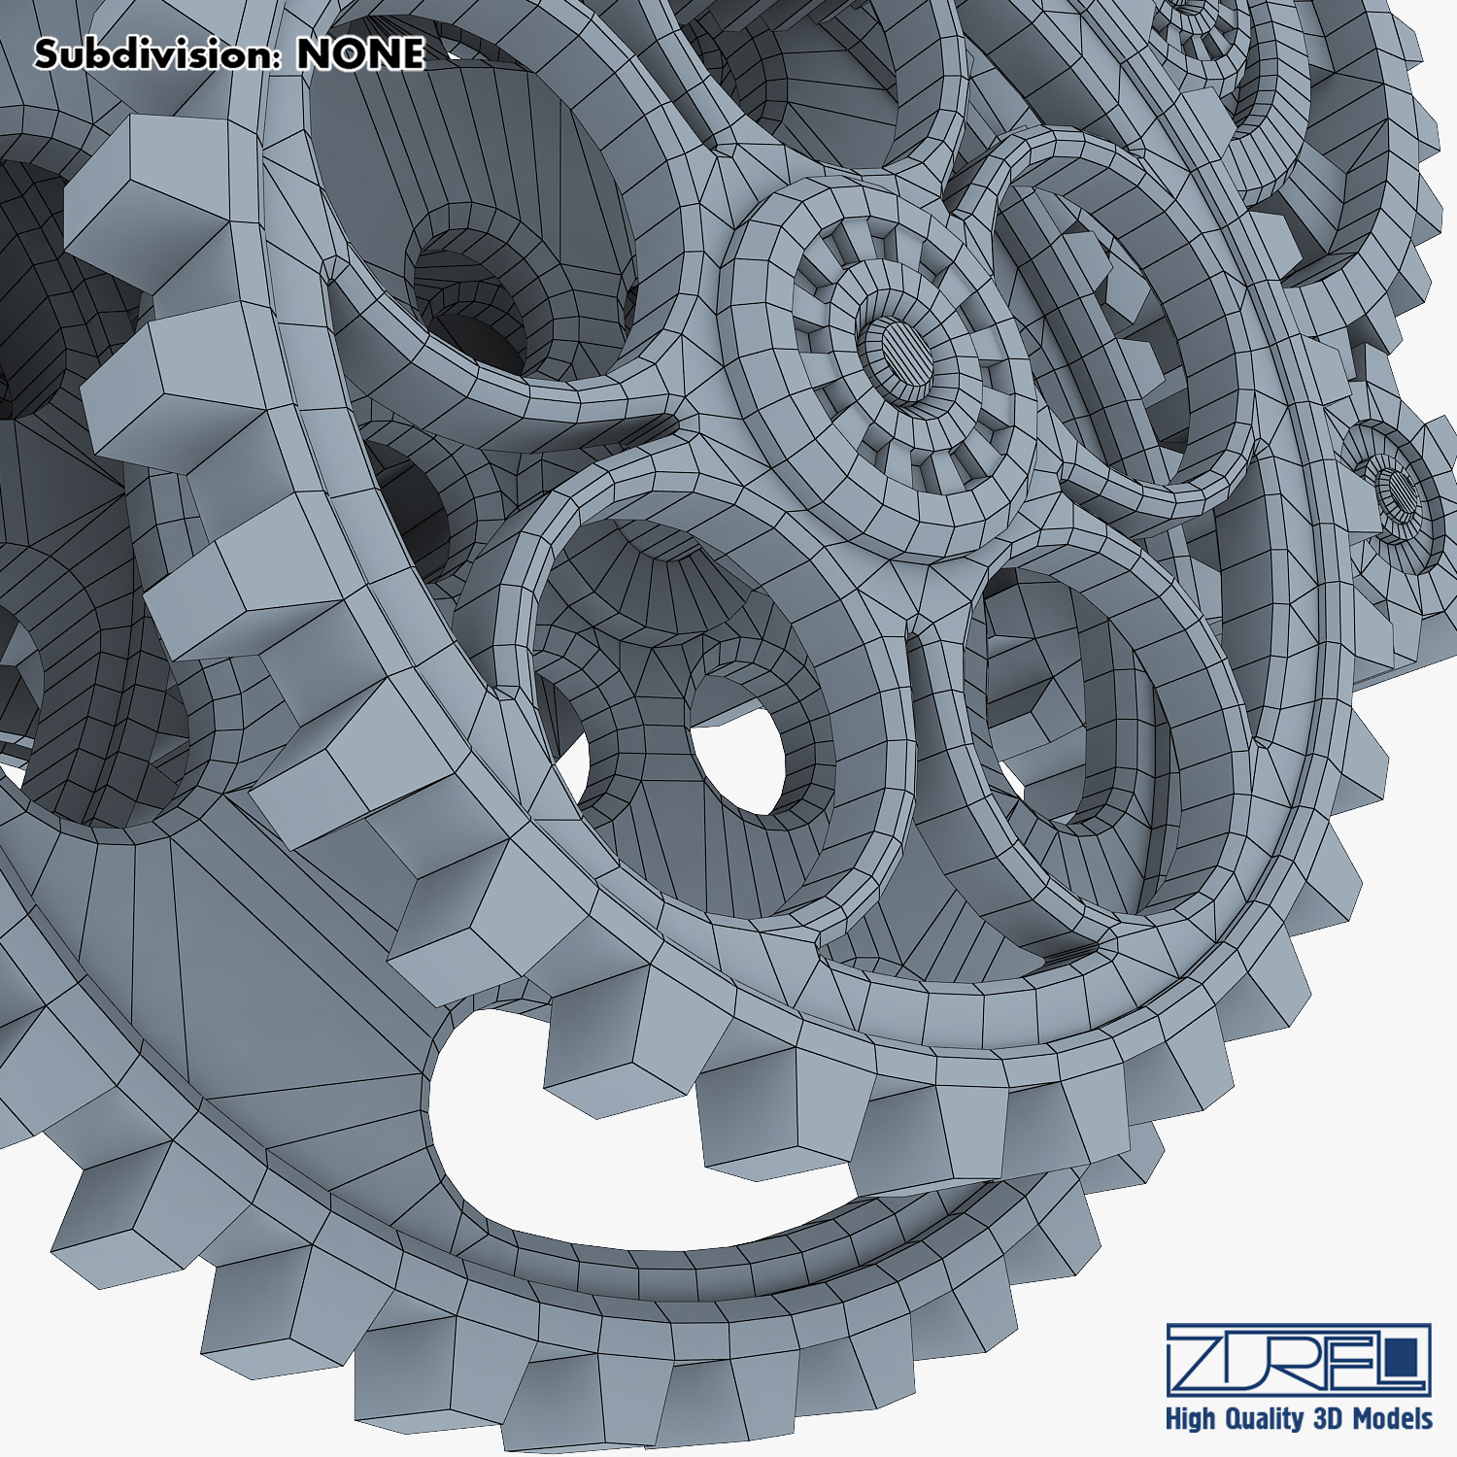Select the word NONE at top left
click(x=360, y=53)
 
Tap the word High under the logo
click(x=1190, y=1419)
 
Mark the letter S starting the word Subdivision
click(x=47, y=54)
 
